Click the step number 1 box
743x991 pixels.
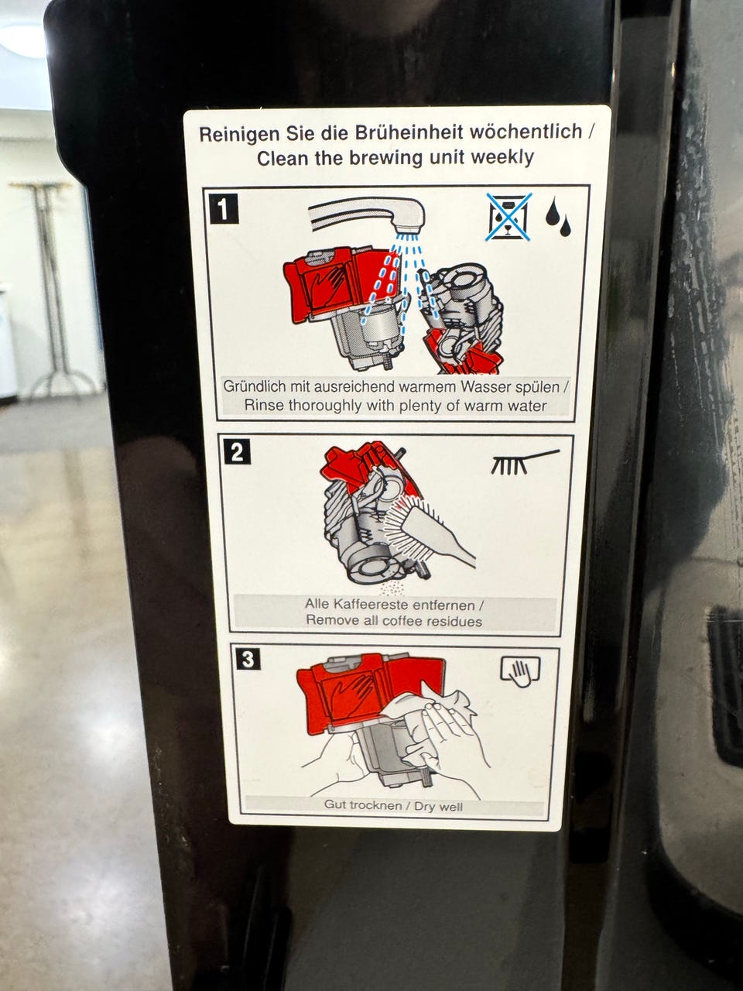click(x=224, y=208)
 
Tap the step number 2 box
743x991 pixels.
click(x=238, y=452)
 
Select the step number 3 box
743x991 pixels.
click(x=248, y=660)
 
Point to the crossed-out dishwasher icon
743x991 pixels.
click(x=508, y=217)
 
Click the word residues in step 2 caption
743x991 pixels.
click(x=454, y=621)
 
